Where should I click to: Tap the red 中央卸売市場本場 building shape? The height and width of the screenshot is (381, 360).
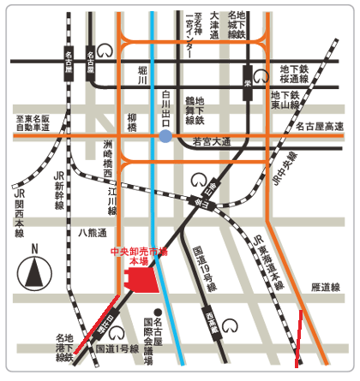[146, 278]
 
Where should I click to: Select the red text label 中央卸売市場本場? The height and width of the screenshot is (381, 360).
[141, 256]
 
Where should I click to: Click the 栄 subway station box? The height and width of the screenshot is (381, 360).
[246, 74]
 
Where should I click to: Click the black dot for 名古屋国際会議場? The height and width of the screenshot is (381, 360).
[157, 311]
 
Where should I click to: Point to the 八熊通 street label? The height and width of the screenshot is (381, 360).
[92, 232]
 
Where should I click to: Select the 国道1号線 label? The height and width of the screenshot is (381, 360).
[117, 349]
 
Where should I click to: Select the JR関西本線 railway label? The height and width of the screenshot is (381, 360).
[19, 206]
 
